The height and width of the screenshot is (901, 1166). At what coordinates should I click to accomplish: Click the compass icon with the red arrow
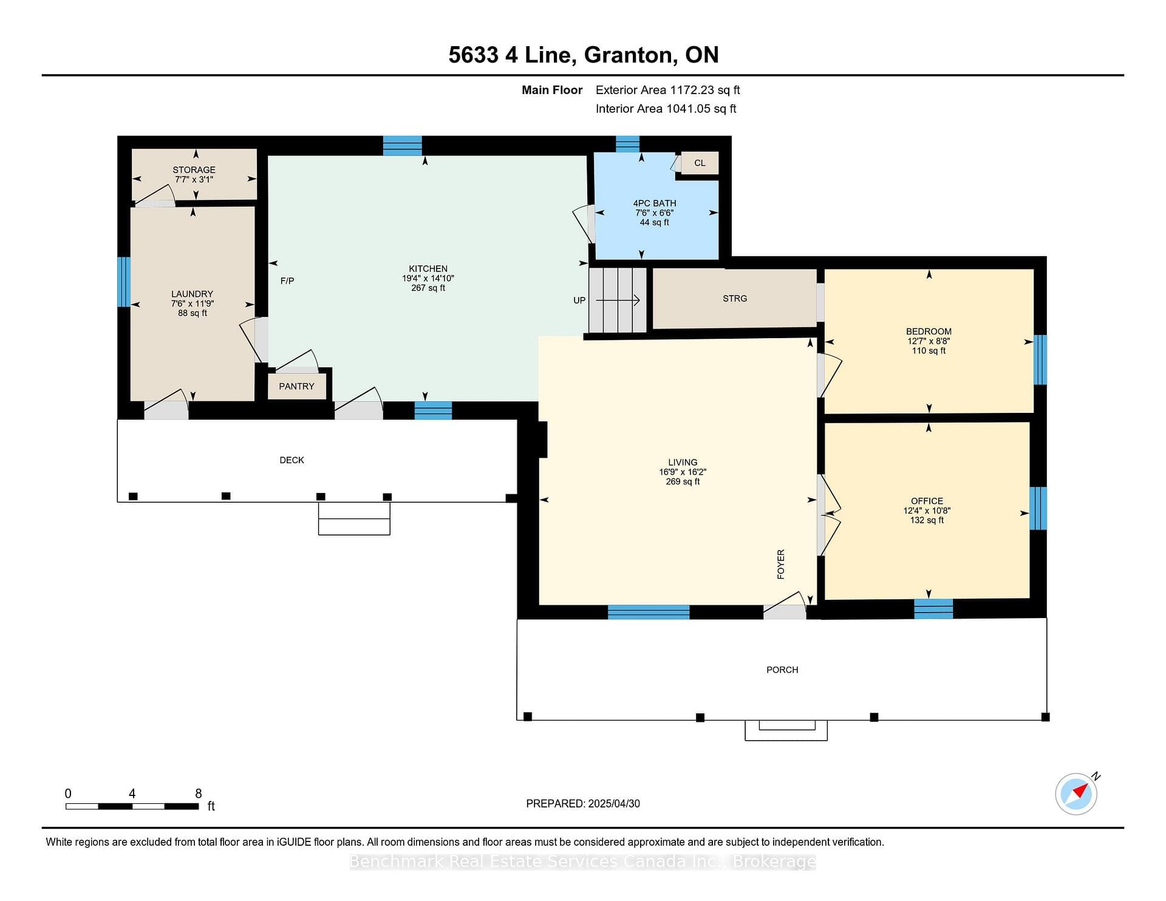pos(1076,794)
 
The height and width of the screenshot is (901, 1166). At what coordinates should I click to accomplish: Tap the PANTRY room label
pos(296,386)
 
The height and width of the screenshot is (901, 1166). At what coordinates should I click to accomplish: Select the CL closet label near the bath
pos(700,163)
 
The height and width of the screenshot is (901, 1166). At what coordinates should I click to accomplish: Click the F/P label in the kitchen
pos(287,280)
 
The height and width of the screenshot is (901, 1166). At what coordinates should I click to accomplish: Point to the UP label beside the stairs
pos(579,300)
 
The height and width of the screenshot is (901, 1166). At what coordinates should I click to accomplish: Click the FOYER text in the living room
pos(781,564)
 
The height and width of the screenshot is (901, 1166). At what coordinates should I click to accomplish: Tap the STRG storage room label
pos(735,298)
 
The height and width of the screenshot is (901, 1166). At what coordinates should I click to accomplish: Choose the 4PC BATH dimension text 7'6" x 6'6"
pos(654,212)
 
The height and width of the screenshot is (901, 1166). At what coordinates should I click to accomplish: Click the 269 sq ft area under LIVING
pos(683,481)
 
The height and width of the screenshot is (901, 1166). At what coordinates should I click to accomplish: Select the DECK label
pos(291,460)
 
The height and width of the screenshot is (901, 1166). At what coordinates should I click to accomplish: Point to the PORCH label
pos(782,670)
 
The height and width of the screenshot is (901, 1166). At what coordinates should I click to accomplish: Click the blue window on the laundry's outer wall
pos(124,282)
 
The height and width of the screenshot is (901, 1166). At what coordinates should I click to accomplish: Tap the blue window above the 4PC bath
pos(627,144)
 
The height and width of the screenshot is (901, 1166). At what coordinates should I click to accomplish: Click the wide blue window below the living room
pos(649,612)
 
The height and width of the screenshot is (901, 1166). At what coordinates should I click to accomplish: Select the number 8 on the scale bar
pos(198,794)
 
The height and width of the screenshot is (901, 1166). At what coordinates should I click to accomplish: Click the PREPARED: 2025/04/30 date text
pos(583,803)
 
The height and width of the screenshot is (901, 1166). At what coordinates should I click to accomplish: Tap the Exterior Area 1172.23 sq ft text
pos(668,90)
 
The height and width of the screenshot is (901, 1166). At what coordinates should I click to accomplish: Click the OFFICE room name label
pos(927,501)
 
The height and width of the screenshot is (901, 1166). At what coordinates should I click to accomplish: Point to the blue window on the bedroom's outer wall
pos(1040,359)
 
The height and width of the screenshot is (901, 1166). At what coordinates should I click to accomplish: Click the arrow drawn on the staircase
pos(618,300)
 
